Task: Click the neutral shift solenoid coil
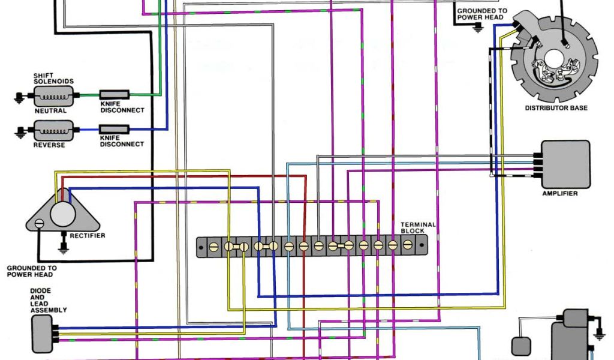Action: tap(53, 95)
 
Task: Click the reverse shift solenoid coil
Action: tap(53, 129)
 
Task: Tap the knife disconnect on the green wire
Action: tap(114, 94)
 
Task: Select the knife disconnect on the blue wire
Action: tap(114, 128)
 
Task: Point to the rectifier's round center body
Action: tap(61, 213)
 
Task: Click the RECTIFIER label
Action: tap(88, 236)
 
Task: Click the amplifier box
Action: tap(565, 163)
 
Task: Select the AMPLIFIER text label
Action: tap(559, 194)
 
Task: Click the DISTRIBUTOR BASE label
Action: tap(556, 108)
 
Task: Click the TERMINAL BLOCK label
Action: tap(418, 227)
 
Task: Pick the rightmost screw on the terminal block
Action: tap(407, 245)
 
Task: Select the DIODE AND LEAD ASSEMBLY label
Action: tap(48, 301)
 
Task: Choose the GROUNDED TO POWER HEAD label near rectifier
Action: tap(32, 271)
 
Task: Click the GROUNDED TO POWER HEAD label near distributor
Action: tap(481, 14)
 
